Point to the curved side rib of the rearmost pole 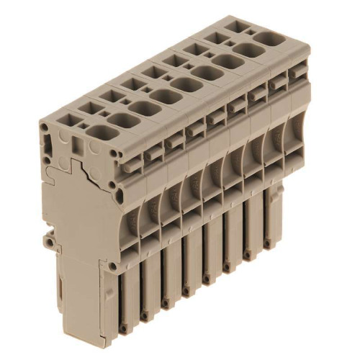(x=296, y=130)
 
